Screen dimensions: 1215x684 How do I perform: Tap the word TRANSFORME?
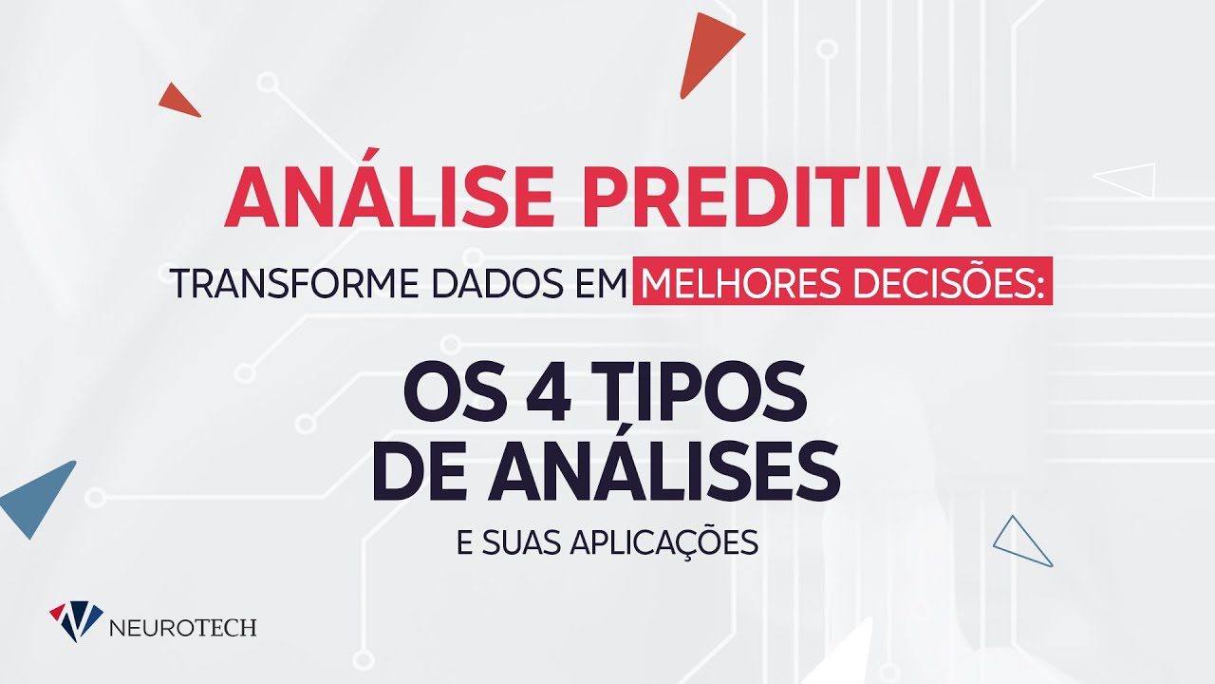pos(295,283)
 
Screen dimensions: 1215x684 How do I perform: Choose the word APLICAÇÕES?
pos(664,543)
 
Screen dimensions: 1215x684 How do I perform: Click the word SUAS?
pos(520,541)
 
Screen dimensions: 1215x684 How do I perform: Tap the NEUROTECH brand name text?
pos(183,628)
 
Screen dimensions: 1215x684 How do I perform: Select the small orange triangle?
pos(179,101)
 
